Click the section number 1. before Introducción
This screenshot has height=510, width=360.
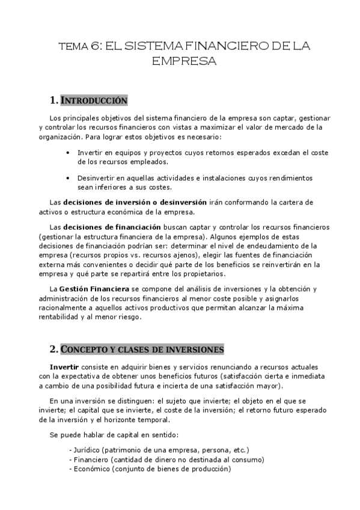pyautogui.click(x=54, y=100)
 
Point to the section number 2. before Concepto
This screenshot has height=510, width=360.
pyautogui.click(x=54, y=349)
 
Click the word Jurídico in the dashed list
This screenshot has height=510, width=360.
pyautogui.click(x=86, y=450)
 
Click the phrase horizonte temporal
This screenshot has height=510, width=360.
pyautogui.click(x=147, y=420)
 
